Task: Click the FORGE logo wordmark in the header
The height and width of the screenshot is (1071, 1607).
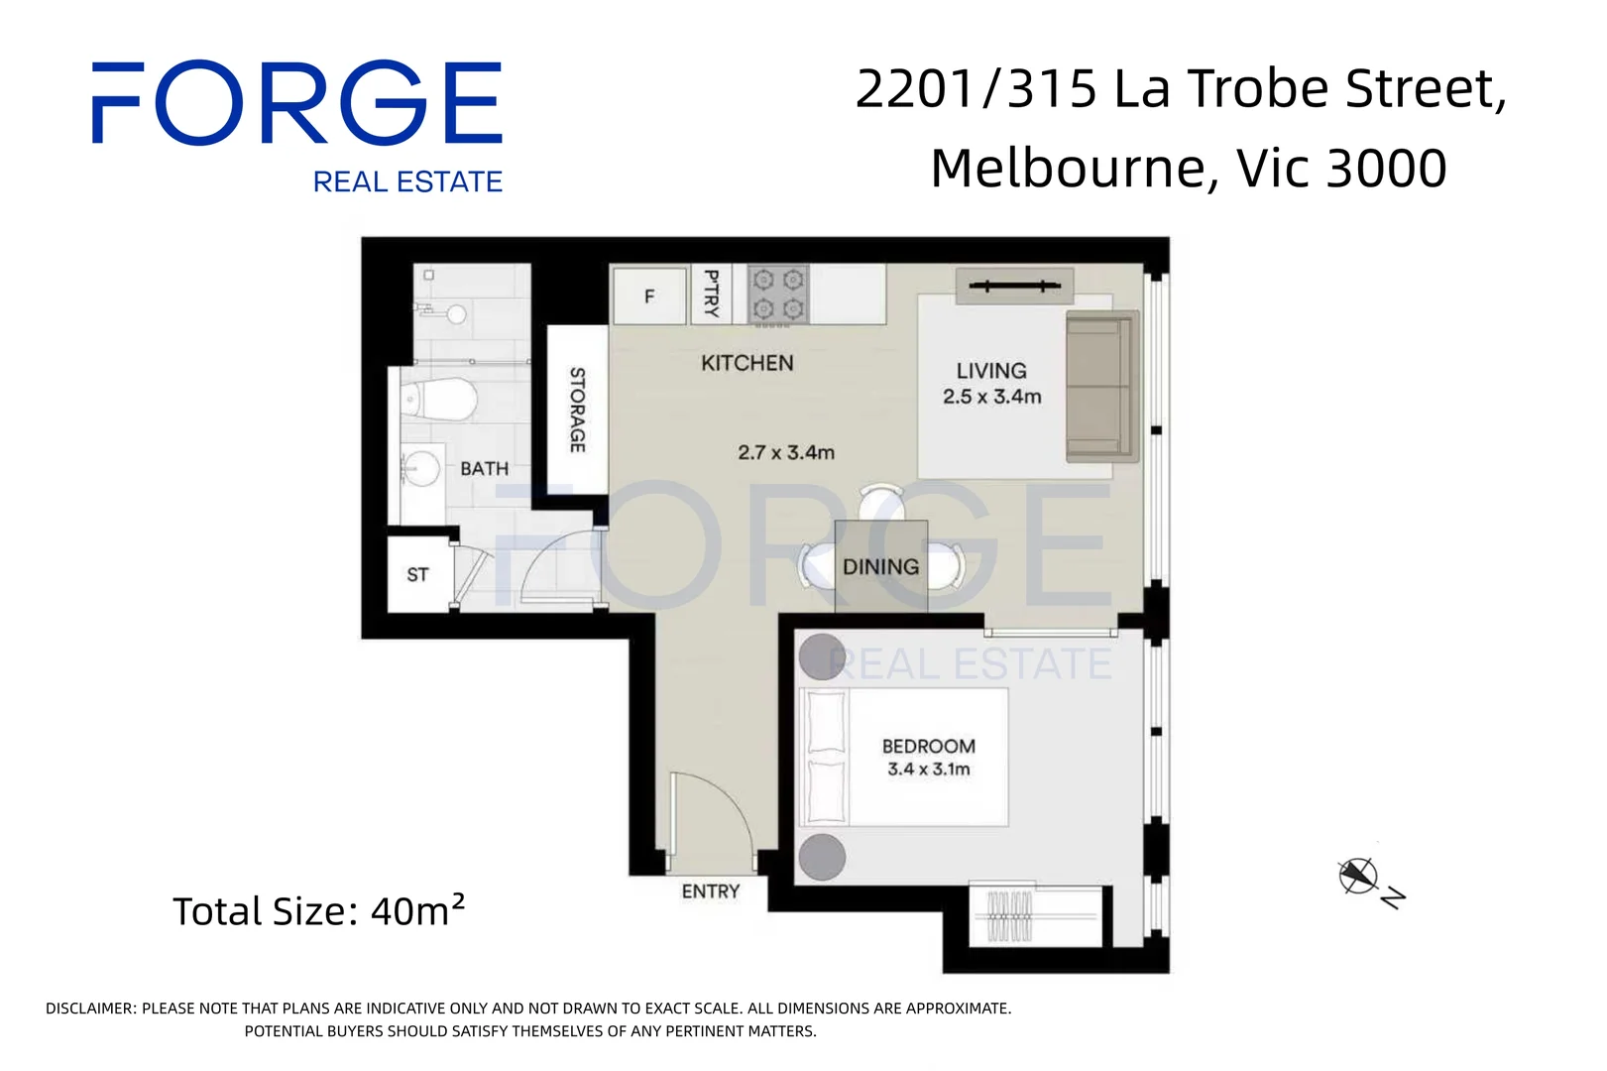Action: pos(297,102)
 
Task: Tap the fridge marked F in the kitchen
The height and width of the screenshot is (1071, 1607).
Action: pos(650,296)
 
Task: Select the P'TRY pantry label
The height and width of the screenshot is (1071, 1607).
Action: pos(712,294)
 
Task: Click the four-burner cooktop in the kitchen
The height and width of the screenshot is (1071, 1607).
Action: pos(778,295)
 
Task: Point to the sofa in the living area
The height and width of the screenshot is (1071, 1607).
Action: pos(1102,386)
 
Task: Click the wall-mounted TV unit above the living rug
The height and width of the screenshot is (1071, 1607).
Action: pos(1014,287)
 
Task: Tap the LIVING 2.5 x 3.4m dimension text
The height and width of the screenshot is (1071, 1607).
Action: pos(991,384)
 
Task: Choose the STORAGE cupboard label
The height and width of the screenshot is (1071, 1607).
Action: pos(578,410)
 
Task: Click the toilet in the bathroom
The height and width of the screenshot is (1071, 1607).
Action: pos(438,399)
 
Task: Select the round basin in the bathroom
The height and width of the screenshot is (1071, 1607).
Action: pos(419,468)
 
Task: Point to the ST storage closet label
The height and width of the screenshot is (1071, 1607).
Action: pos(417,574)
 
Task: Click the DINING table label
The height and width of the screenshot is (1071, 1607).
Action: pos(881,567)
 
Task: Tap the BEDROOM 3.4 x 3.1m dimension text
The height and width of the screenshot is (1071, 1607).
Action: pos(928,758)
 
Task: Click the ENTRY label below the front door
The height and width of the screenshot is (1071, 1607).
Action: pos(710,892)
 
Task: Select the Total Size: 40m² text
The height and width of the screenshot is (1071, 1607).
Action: pos(319,910)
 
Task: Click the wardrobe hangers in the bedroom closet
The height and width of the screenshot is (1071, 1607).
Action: pos(1010,916)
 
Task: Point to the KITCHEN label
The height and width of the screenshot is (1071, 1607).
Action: pos(746,363)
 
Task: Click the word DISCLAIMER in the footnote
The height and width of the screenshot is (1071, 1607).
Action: pos(90,1009)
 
